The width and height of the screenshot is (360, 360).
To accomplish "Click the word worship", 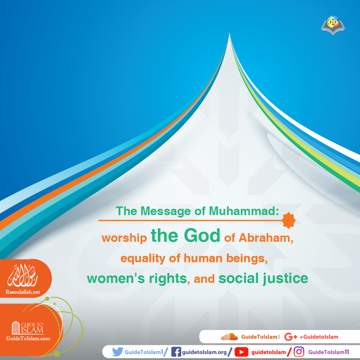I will click(x=124, y=238).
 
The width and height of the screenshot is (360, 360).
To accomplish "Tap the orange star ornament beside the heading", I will click(x=289, y=220).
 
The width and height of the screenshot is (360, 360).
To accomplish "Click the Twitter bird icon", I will click(x=117, y=352).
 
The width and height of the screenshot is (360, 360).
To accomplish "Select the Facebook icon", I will click(x=176, y=352).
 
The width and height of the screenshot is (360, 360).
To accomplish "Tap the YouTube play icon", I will click(x=241, y=352).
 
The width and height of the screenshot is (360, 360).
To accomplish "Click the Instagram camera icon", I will click(x=299, y=352).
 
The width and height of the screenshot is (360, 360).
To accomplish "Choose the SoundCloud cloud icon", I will click(x=229, y=337).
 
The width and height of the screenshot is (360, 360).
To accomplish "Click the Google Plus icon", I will click(x=291, y=337).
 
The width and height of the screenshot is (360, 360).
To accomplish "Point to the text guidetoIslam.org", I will click(x=204, y=352).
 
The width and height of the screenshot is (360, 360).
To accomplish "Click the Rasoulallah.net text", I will click(x=23, y=292).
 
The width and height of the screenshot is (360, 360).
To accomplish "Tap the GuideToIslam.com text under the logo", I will click(x=28, y=339).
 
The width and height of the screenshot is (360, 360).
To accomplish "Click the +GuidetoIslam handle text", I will click(x=319, y=337).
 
